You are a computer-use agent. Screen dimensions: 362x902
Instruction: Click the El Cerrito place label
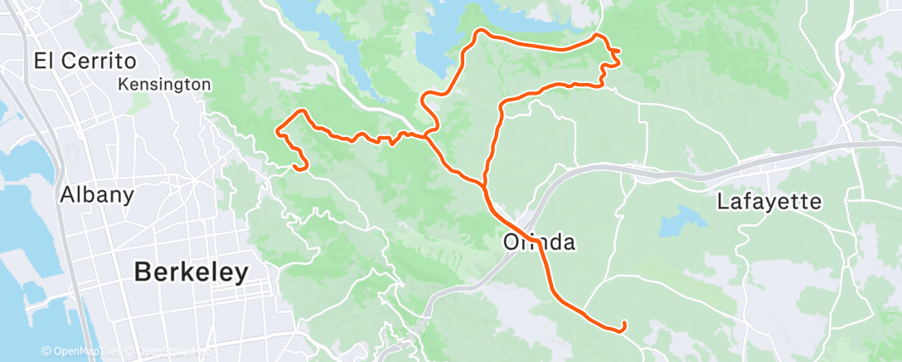[x=85, y=61]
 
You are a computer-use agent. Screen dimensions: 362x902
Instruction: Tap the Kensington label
[x=164, y=84]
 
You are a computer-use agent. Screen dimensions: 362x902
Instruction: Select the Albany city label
[x=96, y=195]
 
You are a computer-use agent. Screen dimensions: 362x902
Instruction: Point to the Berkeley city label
[x=192, y=271]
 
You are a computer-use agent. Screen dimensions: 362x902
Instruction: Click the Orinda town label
[x=539, y=242]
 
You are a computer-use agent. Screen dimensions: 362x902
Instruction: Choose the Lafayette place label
[x=769, y=201]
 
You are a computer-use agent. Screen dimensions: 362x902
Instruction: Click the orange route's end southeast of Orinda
[x=623, y=324]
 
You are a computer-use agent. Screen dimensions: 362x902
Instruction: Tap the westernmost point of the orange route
[x=276, y=130]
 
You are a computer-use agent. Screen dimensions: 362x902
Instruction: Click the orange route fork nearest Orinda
[x=483, y=183]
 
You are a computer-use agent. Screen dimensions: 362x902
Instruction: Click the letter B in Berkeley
[x=143, y=271]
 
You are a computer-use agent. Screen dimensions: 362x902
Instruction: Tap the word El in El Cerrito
[x=43, y=61]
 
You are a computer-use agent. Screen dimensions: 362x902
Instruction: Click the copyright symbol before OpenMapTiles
[x=46, y=351]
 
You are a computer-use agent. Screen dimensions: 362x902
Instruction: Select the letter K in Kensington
[x=123, y=84]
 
